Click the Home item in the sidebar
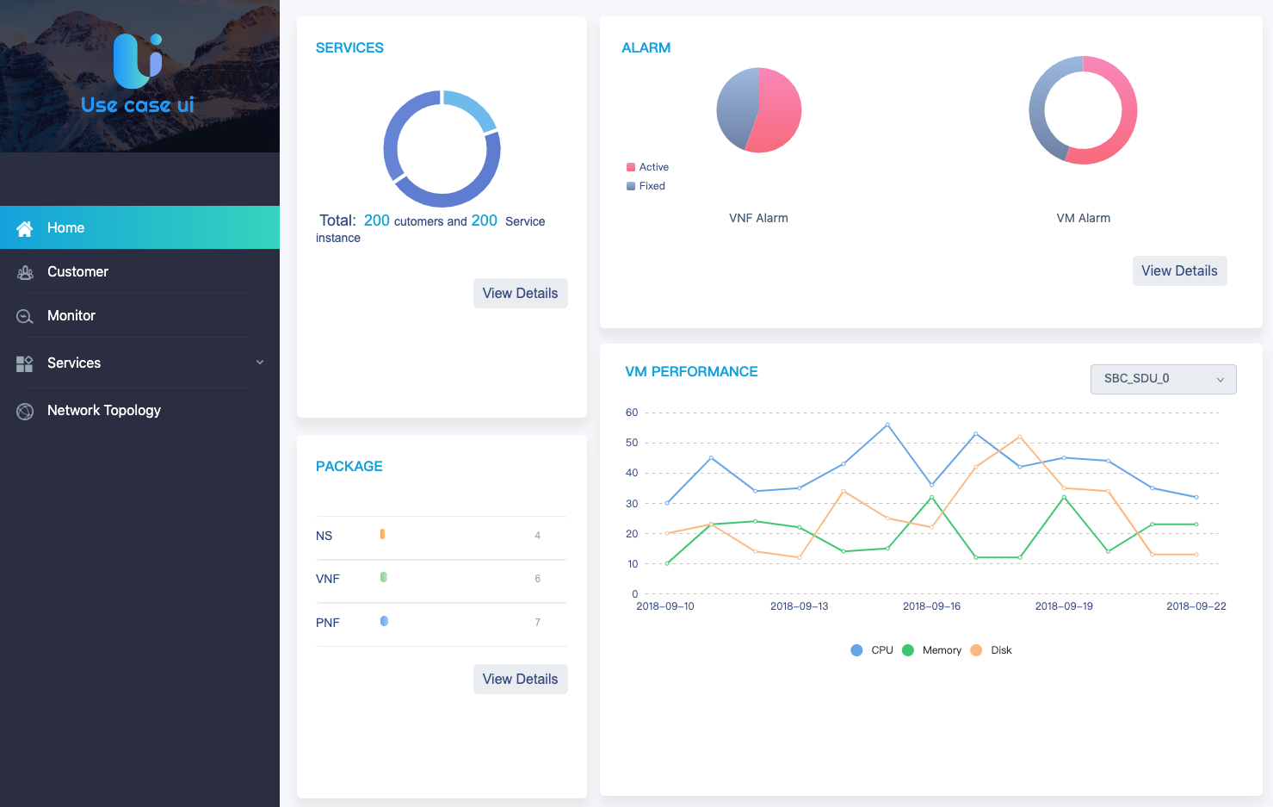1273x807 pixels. [139, 227]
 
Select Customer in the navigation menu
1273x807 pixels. [77, 272]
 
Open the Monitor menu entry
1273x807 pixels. [71, 315]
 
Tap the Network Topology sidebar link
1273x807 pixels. [103, 411]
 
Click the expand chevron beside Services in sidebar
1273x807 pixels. [260, 363]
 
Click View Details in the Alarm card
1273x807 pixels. [1179, 270]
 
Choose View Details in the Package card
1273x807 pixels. [520, 679]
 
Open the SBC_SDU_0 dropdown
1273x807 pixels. [1163, 379]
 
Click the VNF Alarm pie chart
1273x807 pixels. [758, 109]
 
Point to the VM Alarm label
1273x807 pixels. [1083, 218]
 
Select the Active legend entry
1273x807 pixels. [647, 166]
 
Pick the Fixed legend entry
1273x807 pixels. [646, 186]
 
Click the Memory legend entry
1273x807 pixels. [931, 650]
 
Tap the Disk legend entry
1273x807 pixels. [992, 650]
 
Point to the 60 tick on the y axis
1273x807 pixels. [632, 413]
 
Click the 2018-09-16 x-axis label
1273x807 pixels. [931, 606]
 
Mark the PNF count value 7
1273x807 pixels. [538, 622]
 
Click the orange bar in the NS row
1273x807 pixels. [382, 534]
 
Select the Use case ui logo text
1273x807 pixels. [138, 104]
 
